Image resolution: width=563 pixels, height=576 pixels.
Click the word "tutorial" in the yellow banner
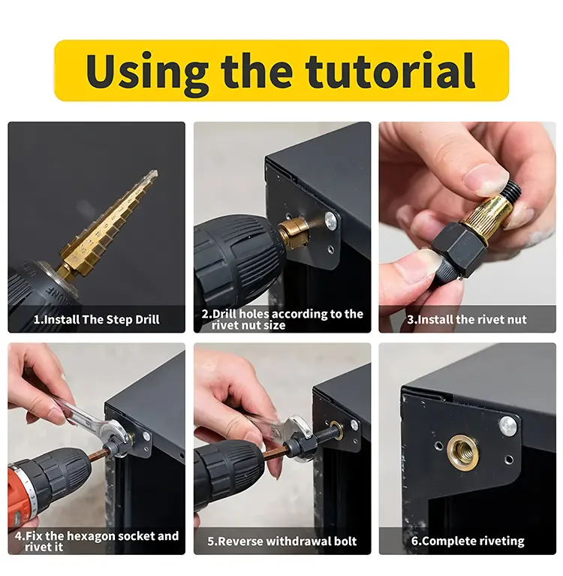[x=390, y=71]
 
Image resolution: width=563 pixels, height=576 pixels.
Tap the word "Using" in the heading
[x=147, y=74]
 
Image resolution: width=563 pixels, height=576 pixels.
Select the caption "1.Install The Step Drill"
[x=97, y=320]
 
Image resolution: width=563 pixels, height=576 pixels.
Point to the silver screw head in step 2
[x=331, y=219]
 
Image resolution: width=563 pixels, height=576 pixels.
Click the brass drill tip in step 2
[x=292, y=233]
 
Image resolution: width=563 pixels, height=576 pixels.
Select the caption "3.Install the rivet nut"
[x=467, y=320]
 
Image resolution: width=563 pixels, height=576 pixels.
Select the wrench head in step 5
[x=297, y=429]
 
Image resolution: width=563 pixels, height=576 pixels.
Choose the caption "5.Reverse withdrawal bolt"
[x=282, y=541]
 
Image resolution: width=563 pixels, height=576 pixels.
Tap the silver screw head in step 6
[x=507, y=426]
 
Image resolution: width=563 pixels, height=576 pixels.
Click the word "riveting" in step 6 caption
[x=501, y=541]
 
